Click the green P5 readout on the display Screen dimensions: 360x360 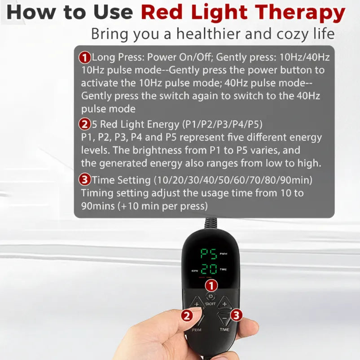tap(208, 254)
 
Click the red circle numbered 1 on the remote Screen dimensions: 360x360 tap(211, 285)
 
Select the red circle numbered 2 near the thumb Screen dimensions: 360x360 tap(187, 316)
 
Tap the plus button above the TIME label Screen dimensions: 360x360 tap(224, 303)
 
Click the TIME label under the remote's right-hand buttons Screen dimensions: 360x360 tap(224, 329)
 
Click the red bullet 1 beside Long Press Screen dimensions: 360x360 tap(84, 58)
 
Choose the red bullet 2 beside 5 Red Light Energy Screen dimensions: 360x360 tap(84, 124)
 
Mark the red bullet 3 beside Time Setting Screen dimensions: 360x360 tap(84, 180)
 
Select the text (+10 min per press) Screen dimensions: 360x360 tap(162, 206)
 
